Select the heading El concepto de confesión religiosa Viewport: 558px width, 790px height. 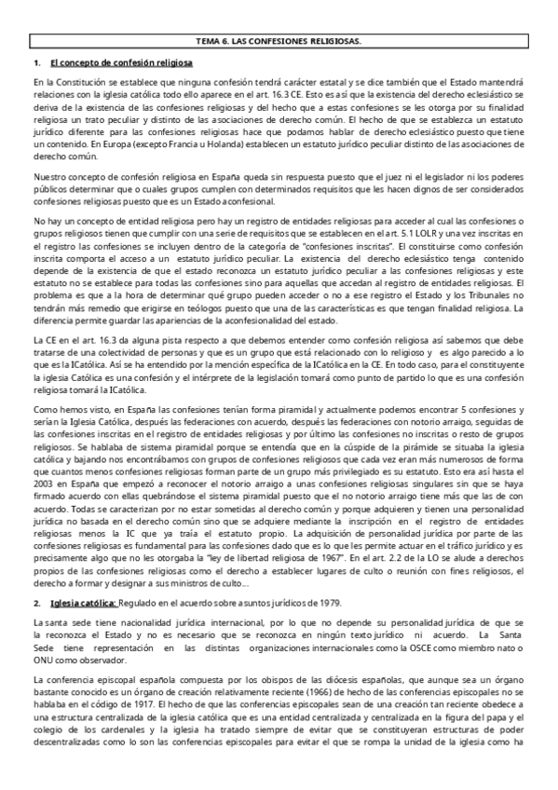122,62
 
